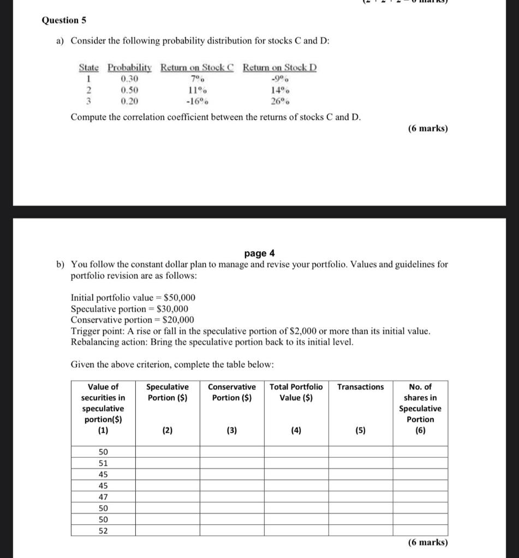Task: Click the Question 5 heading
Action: [x=64, y=20]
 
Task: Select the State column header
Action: [x=88, y=68]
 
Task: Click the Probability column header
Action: [x=129, y=68]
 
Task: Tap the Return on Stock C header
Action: [x=196, y=68]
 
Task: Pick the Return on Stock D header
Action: [x=279, y=68]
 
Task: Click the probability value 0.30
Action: [x=129, y=78]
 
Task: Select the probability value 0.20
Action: [x=129, y=101]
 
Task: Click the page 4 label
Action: [x=260, y=253]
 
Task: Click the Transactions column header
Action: [x=360, y=387]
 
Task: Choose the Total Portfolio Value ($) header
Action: [x=296, y=392]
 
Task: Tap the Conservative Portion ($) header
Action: [x=232, y=392]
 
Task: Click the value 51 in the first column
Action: [x=103, y=463]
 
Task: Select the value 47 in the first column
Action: [x=103, y=497]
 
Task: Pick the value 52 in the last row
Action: [x=103, y=531]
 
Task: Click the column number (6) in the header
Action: [x=420, y=430]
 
